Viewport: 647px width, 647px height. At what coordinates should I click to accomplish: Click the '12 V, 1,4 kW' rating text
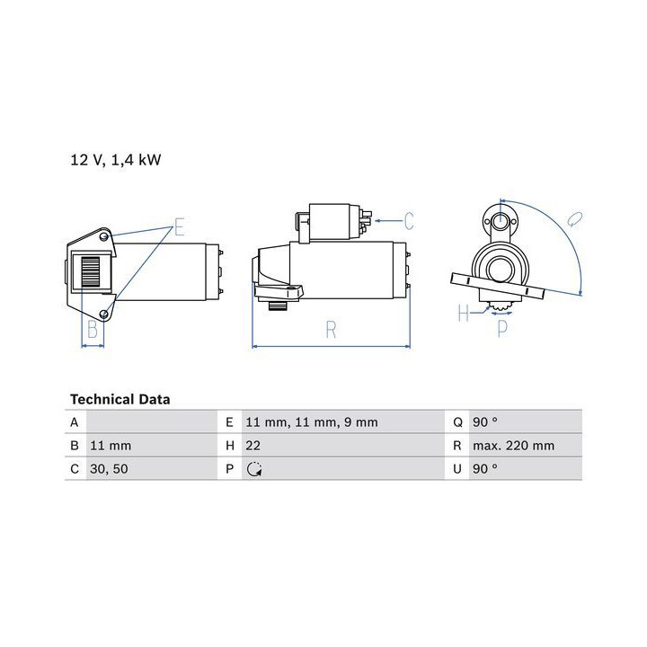(x=116, y=160)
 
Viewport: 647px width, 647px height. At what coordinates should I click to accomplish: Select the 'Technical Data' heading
(x=120, y=399)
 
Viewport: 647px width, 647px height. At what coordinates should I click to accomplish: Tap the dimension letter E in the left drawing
(x=179, y=226)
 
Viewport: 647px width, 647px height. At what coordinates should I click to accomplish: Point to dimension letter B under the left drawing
(x=93, y=329)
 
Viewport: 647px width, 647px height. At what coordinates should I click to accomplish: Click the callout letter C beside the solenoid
(x=409, y=221)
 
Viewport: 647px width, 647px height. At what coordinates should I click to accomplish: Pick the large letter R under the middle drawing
(x=331, y=329)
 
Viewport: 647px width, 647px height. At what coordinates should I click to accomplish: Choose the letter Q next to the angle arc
(x=574, y=219)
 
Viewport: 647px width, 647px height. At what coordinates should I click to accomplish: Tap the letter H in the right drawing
(x=464, y=313)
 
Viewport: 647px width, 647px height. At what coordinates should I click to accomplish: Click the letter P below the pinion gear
(x=502, y=329)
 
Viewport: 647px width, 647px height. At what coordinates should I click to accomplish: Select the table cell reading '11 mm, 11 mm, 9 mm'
(x=312, y=422)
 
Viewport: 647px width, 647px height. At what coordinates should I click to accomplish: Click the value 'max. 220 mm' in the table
(x=514, y=446)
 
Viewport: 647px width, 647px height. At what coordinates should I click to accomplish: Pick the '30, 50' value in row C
(x=109, y=469)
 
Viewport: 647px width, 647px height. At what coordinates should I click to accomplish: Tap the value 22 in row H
(x=253, y=446)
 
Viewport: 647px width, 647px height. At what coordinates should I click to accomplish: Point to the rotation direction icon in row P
(x=254, y=470)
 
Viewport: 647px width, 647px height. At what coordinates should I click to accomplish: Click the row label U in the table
(x=457, y=469)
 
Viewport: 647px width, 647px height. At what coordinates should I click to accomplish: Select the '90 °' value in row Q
(x=485, y=422)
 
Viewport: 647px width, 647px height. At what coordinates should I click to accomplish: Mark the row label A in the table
(x=75, y=422)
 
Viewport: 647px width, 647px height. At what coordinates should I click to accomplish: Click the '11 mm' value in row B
(x=111, y=446)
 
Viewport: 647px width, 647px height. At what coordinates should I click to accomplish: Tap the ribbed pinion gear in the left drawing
(x=91, y=271)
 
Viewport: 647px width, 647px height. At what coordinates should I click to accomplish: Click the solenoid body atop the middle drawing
(x=334, y=221)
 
